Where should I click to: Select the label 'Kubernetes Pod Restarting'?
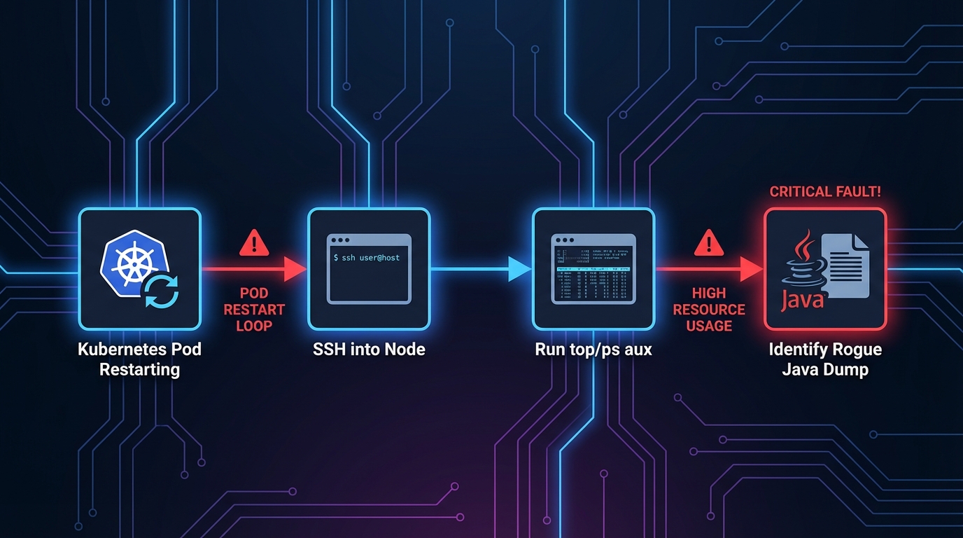point(139,359)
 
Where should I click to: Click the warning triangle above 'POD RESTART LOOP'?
point(253,243)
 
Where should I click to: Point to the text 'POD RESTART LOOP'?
point(253,309)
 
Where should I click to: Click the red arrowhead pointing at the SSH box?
point(295,268)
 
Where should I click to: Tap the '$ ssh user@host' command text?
point(367,258)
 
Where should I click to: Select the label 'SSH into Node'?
point(369,349)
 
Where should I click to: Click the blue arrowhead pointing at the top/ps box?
point(519,268)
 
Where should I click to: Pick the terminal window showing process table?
point(593,270)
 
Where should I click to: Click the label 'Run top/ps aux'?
point(593,349)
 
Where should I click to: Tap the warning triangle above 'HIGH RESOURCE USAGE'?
point(708,243)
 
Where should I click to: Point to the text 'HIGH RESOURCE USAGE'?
point(708,309)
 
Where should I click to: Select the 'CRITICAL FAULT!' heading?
point(825,192)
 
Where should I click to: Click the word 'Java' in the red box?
point(802,302)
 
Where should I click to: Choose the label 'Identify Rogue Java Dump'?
point(825,359)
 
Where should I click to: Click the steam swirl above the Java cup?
point(806,244)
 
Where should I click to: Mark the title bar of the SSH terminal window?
point(369,240)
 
